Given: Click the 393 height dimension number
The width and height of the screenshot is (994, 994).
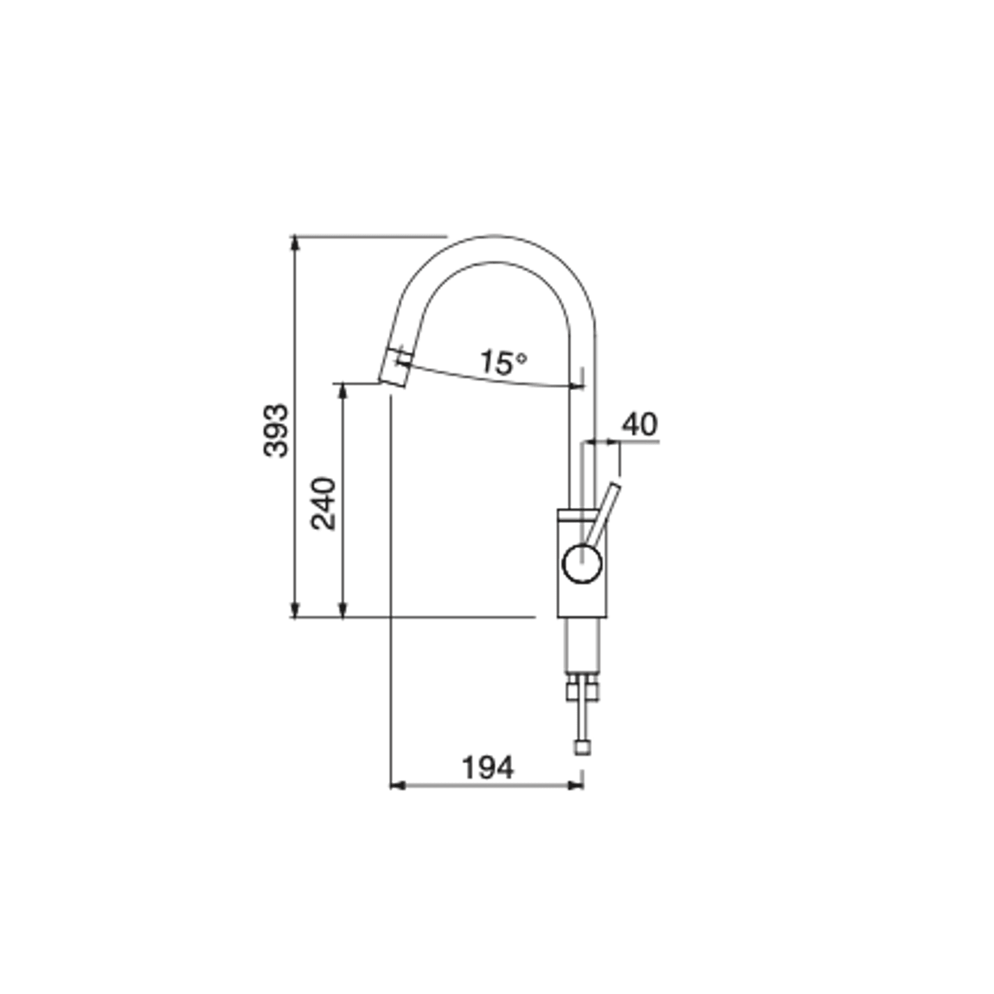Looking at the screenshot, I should [275, 431].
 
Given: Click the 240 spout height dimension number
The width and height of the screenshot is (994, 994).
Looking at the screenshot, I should [324, 504].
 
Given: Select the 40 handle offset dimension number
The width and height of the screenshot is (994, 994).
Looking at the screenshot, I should [639, 425].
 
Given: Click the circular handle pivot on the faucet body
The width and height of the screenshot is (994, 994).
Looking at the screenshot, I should [582, 563].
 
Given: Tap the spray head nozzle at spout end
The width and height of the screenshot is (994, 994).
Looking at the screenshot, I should [395, 368].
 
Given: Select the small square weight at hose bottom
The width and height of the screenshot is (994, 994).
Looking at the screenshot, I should [582, 747].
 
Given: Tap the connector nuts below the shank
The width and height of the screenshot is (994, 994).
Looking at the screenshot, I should [582, 690].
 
